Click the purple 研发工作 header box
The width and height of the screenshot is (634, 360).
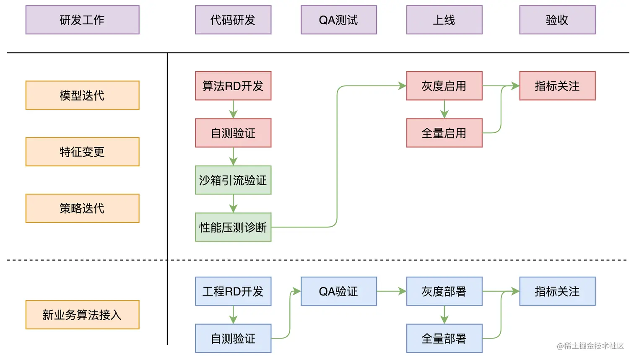(82, 20)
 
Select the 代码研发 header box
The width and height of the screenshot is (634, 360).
(233, 20)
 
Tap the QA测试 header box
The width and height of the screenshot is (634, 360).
(338, 20)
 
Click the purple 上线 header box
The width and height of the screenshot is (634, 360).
(444, 20)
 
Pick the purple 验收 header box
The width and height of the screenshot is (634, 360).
(557, 20)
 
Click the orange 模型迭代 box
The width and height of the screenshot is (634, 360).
(82, 95)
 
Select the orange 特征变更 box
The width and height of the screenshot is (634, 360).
(82, 152)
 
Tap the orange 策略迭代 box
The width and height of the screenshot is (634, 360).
(82, 208)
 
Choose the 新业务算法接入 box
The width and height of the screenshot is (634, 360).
(82, 315)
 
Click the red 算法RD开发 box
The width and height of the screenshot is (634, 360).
(233, 86)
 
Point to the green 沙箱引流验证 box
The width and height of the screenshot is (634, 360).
(233, 180)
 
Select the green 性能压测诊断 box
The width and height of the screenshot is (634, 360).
(233, 227)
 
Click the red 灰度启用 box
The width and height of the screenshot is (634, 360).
(444, 86)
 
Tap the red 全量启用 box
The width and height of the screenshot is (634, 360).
(444, 133)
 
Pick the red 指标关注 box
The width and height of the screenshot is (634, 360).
(557, 86)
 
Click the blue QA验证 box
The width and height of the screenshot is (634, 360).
(338, 291)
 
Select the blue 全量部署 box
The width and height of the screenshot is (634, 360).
(444, 338)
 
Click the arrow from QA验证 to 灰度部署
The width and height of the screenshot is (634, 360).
(391, 291)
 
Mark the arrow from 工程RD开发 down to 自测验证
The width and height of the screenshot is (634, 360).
(233, 315)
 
